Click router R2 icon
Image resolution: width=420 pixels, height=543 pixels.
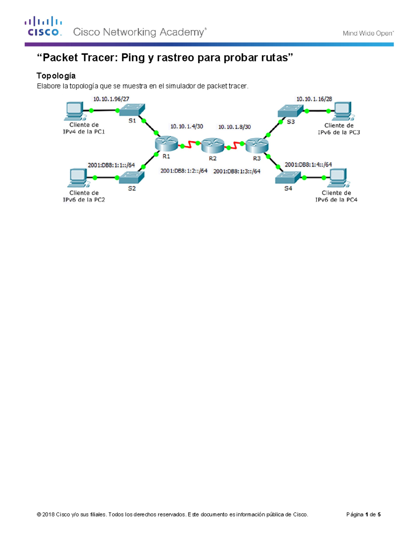point(212,145)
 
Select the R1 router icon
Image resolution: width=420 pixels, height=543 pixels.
point(166,144)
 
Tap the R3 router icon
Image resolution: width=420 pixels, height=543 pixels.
point(257,145)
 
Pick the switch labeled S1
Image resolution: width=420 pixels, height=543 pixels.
point(132,110)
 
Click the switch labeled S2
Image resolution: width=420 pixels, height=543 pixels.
point(132,177)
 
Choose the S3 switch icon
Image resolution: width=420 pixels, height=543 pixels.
point(290,110)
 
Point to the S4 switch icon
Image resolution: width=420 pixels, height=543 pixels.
point(288,178)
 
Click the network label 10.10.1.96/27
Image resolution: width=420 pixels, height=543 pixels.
point(111,99)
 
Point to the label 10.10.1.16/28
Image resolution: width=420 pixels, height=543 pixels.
point(314,99)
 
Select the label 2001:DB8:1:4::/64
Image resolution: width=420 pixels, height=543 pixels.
point(308,164)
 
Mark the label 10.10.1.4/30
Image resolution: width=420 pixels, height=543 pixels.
point(187,126)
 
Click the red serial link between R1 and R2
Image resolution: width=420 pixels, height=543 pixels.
point(190,144)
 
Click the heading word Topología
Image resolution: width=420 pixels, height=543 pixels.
point(56,76)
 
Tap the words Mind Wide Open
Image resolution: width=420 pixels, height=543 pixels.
point(368,33)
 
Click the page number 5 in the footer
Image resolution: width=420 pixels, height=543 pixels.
point(379,514)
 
